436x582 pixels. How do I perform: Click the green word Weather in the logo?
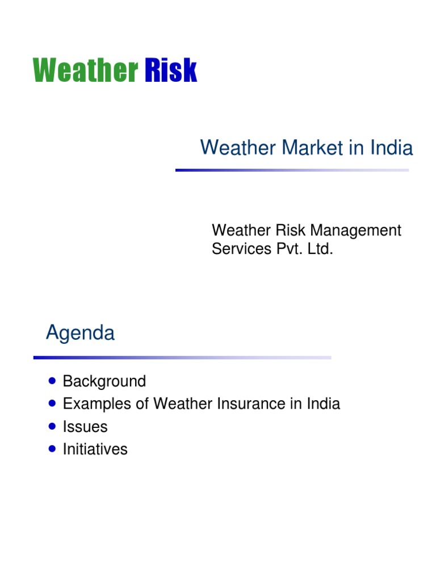85,71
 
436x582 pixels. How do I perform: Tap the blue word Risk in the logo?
171,71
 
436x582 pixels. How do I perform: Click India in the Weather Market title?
392,148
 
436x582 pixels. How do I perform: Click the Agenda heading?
80,333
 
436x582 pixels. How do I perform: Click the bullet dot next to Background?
53,380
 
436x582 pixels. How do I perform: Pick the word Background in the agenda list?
104,381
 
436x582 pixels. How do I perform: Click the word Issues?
85,427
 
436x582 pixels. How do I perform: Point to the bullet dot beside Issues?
53,426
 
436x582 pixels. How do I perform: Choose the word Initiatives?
95,450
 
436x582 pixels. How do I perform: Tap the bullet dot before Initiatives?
53,448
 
